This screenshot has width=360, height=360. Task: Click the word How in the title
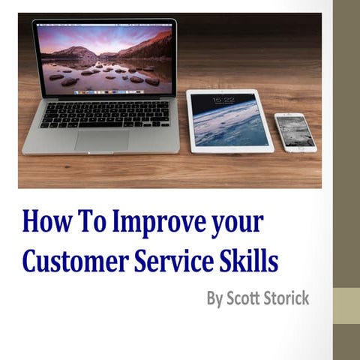click(x=45, y=223)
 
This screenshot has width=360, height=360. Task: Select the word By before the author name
click(x=216, y=298)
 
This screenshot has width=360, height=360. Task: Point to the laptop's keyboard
click(x=104, y=114)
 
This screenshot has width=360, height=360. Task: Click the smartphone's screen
click(x=295, y=132)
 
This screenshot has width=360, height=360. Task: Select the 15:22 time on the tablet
click(x=223, y=100)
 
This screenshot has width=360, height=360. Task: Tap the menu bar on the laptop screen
click(x=105, y=26)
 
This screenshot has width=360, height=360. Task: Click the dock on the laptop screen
click(x=105, y=91)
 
